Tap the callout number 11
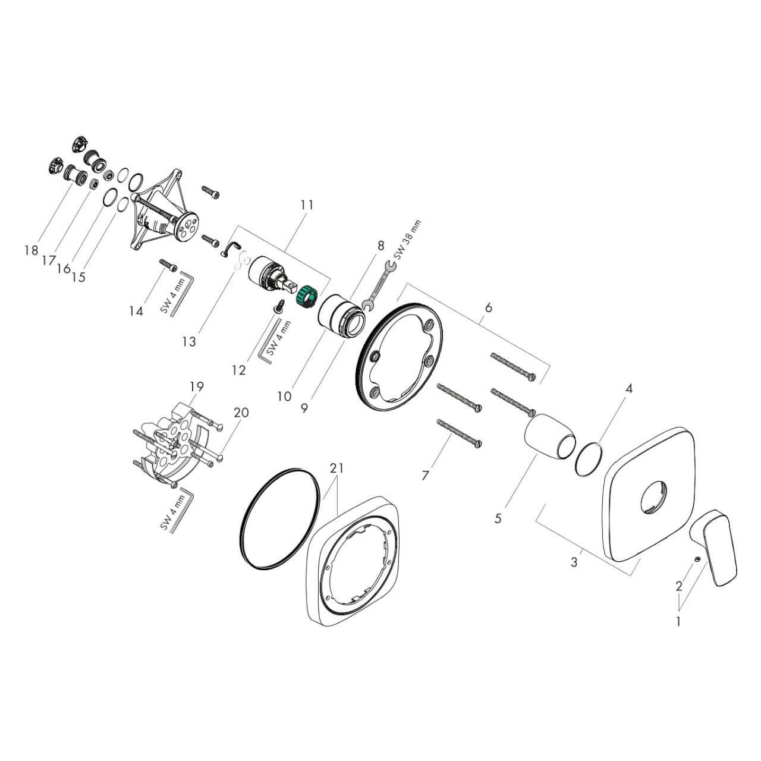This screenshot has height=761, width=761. coord(307,205)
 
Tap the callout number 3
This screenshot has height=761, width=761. coord(574,562)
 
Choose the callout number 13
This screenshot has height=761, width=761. coord(189,342)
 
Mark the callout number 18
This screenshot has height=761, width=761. coord(31,250)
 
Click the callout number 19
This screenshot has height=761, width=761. coord(197,386)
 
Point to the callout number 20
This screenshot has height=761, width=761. coord(241,412)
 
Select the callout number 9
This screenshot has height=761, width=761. coord(304,408)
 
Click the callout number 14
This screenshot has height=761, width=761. coord(136,311)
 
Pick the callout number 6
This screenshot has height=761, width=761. coord(489,307)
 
